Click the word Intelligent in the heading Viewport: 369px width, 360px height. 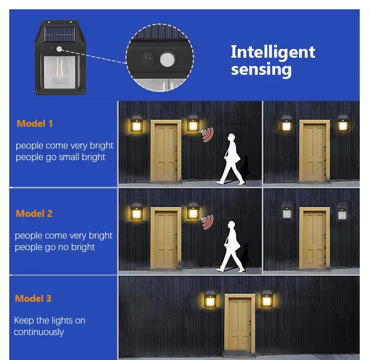[x=273, y=52]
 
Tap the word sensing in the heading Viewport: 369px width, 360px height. [x=261, y=70]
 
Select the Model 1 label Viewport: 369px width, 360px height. [x=35, y=124]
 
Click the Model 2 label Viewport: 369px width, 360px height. [x=34, y=214]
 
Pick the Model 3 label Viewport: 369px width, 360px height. [x=33, y=299]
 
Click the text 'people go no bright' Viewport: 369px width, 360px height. [x=54, y=247]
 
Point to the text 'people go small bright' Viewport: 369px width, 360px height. [x=60, y=157]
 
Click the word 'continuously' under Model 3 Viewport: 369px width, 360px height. [x=39, y=332]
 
